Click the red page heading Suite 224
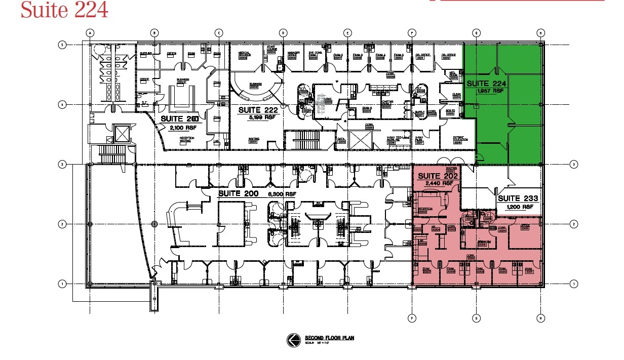click(x=64, y=10)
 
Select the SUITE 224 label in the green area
click(x=486, y=83)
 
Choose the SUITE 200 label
click(x=238, y=194)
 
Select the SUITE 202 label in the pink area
click(x=437, y=177)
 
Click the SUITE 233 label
click(x=518, y=198)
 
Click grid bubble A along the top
click(x=90, y=33)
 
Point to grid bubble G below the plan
click(x=476, y=318)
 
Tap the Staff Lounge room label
click(x=271, y=50)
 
